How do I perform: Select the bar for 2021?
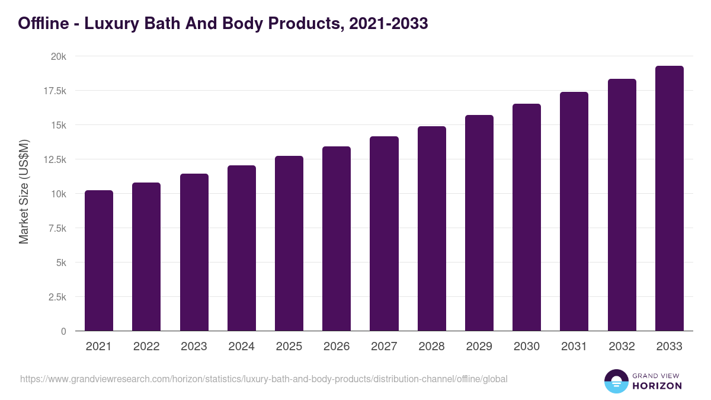pos(99,261)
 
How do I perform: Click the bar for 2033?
pos(669,199)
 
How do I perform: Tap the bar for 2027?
pos(384,233)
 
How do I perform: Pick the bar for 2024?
pos(241,248)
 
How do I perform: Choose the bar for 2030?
pos(527,217)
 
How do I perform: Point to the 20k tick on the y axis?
pos(58,57)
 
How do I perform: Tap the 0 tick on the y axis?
pos(63,331)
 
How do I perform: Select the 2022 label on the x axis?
pos(146,347)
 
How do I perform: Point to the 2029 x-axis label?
pos(479,347)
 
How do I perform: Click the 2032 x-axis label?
pos(622,347)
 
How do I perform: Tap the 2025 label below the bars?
pos(289,347)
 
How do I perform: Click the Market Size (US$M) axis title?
pos(24,191)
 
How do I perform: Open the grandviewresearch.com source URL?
pos(264,379)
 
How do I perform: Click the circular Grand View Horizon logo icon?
pos(616,381)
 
